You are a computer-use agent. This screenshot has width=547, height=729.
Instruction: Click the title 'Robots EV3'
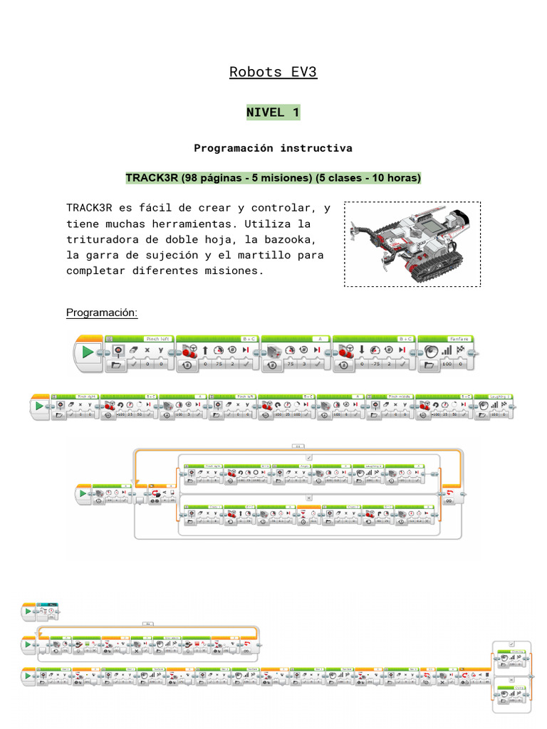tap(273, 72)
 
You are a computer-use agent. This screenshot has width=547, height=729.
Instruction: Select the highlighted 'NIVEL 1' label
tap(273, 112)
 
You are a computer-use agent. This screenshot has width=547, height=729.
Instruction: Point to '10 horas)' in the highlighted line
tap(396, 177)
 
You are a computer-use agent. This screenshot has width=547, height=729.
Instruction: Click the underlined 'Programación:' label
tap(102, 313)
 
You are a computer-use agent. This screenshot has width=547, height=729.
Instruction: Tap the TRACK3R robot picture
tap(412, 243)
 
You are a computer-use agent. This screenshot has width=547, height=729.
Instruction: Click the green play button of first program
tap(88, 352)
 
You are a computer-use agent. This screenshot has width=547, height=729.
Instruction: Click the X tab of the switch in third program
tap(309, 498)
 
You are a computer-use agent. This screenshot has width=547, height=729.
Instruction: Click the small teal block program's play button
tap(28, 611)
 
